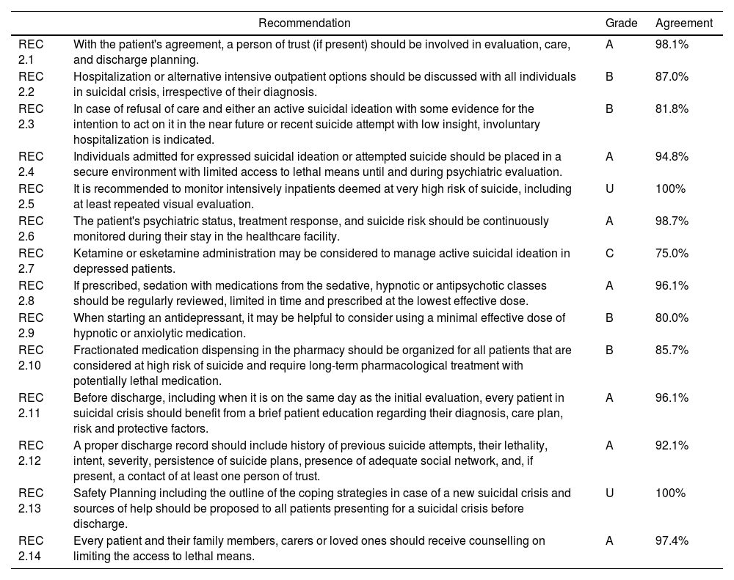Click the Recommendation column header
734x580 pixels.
(304, 23)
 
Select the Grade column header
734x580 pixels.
(621, 23)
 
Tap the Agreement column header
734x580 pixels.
(683, 23)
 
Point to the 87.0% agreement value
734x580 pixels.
(672, 76)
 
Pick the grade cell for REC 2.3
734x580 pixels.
(609, 109)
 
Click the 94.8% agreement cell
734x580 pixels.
(672, 156)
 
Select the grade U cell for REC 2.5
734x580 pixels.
(609, 188)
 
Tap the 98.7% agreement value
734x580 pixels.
(672, 221)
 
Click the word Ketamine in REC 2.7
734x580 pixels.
(95, 253)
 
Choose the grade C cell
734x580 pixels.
(609, 253)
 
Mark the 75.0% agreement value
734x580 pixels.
(672, 253)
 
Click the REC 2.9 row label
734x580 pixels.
(31, 325)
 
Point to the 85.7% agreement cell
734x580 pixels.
(672, 350)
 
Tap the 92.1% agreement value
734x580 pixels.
(672, 445)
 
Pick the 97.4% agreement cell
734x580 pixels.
(672, 540)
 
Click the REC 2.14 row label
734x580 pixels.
(31, 548)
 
